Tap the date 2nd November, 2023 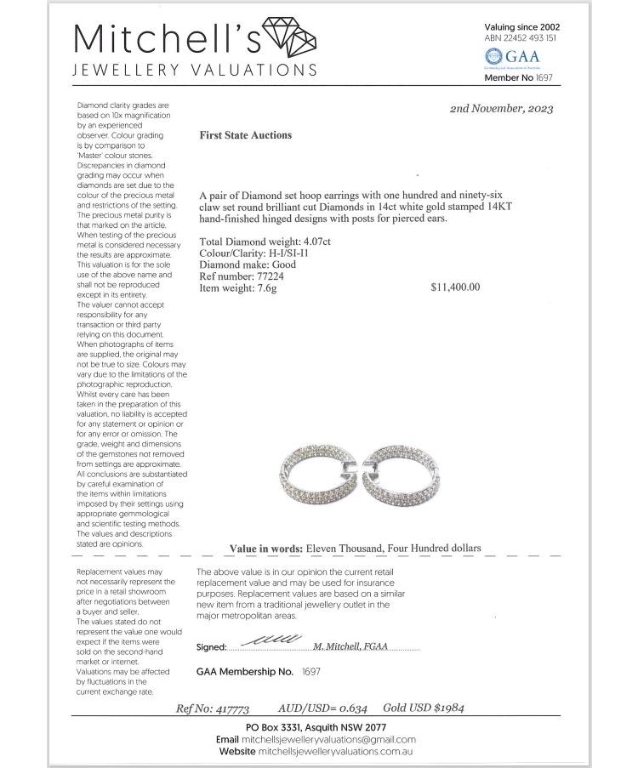(501, 109)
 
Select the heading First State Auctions (245, 135)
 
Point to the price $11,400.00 (455, 287)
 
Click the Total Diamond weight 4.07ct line (265, 242)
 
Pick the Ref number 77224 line (242, 276)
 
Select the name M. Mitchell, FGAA (350, 646)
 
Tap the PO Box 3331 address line (316, 728)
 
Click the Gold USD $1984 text (423, 708)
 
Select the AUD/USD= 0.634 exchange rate (322, 708)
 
